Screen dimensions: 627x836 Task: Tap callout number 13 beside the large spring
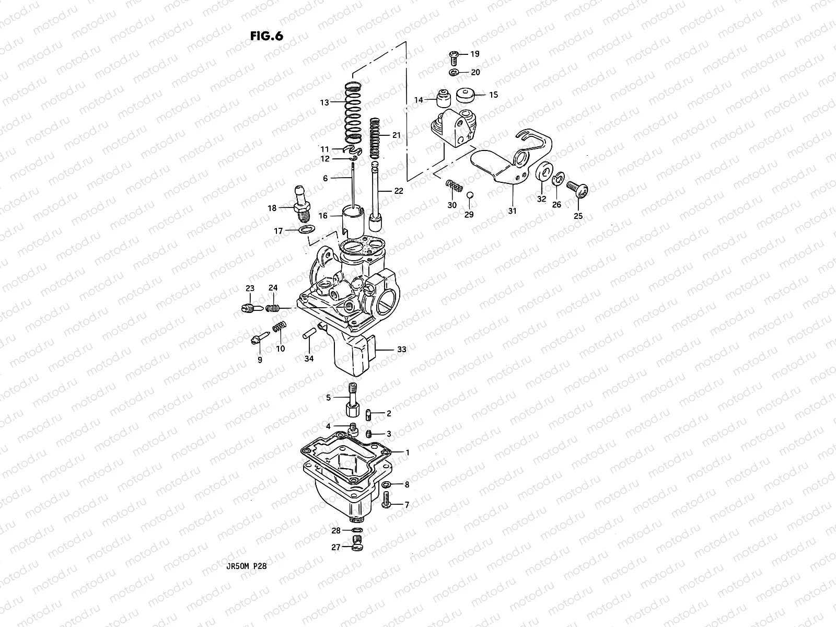324,102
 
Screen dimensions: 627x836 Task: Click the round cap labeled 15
465,95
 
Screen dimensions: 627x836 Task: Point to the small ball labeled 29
469,195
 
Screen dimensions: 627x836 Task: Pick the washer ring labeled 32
543,172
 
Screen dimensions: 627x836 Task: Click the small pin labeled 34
308,333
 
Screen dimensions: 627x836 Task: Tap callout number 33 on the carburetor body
401,349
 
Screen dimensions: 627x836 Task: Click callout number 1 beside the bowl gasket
408,451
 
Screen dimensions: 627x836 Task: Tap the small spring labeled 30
455,185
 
